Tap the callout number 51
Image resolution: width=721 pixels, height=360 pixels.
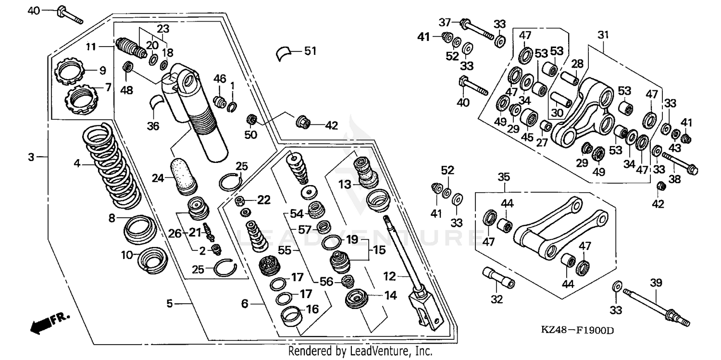(x=311, y=50)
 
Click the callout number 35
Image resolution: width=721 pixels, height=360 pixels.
(x=503, y=177)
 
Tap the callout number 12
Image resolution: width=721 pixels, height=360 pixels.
(x=389, y=276)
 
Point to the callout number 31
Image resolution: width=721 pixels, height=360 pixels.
(x=603, y=35)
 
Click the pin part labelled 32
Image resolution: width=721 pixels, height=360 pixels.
(x=497, y=277)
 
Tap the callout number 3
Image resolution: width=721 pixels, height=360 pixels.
(x=31, y=157)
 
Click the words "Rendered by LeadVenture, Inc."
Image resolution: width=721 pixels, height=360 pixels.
(x=360, y=351)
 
